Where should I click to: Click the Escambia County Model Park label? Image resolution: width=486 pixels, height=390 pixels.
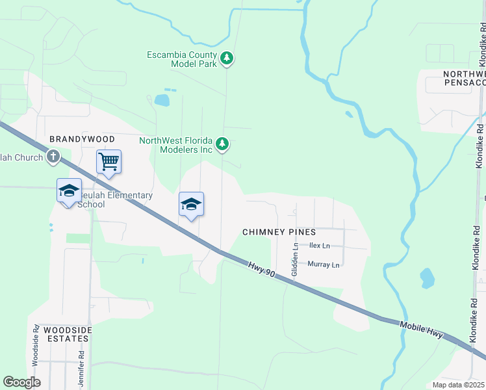pos(183,59)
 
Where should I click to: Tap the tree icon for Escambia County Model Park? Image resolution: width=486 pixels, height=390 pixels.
pos(227,58)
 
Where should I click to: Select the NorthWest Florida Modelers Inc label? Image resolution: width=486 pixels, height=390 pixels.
pos(176,145)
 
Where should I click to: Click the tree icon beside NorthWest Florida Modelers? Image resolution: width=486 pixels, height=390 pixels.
pos(222,144)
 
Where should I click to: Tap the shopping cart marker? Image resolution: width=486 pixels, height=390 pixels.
pos(109,162)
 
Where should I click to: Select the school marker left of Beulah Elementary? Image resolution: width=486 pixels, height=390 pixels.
pos(69,191)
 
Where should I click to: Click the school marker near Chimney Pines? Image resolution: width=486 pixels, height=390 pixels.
pos(191,205)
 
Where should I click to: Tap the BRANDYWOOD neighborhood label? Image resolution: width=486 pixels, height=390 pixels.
pos(83,139)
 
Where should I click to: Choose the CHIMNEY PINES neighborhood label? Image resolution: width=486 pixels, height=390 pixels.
pos(279,231)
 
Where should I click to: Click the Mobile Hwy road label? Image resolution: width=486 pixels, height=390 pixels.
pos(421,330)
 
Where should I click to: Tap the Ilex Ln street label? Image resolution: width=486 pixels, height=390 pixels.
pos(319,246)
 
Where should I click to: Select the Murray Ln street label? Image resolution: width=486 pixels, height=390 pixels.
pos(324,265)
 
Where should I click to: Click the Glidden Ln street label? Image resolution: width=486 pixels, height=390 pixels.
pos(294,257)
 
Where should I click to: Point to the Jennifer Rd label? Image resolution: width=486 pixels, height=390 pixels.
pos(82,369)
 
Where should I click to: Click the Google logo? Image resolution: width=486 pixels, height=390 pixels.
pos(21,382)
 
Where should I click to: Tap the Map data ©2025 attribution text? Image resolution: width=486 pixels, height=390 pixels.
pos(459,385)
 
